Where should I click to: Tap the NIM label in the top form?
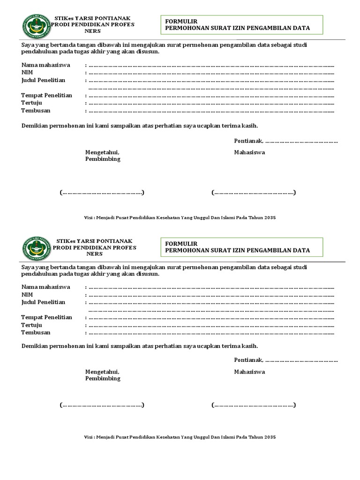(27, 72)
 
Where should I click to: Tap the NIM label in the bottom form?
(27, 294)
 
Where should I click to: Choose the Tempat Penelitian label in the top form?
(46, 95)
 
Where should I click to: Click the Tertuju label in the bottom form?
(31, 325)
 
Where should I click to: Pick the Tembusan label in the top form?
(36, 111)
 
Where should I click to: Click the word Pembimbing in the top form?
(102, 159)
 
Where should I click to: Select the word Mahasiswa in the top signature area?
(249, 152)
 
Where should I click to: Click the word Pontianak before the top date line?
(248, 142)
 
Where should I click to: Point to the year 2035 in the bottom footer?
(270, 437)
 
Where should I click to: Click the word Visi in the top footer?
(89, 218)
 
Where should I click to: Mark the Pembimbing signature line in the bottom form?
(101, 405)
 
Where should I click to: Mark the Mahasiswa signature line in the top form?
(253, 192)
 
